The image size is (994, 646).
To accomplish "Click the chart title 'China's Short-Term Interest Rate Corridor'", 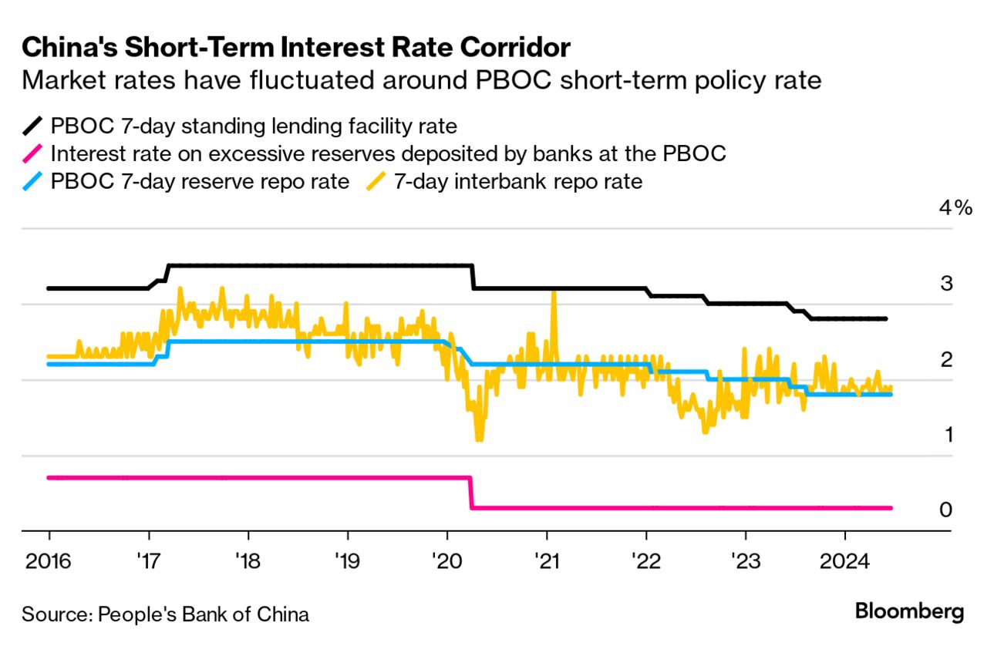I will click(x=296, y=48).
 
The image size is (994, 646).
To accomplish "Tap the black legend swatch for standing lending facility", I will click(x=34, y=125).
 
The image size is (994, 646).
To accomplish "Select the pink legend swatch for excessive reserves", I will click(x=34, y=153).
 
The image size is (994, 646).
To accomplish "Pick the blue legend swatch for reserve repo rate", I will click(x=34, y=182).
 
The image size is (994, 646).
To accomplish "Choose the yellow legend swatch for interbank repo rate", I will click(x=377, y=182).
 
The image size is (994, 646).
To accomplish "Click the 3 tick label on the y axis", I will click(x=947, y=284).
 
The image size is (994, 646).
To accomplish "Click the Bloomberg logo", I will click(x=909, y=613).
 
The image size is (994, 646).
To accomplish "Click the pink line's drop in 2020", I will click(x=470, y=493).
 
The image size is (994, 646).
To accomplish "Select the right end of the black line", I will click(x=885, y=318).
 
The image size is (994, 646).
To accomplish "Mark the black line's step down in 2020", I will click(x=473, y=277).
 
